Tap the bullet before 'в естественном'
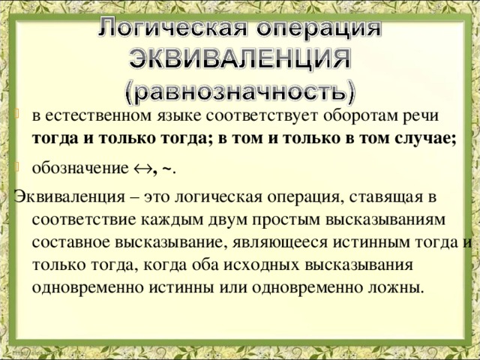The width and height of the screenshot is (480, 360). point(19,115)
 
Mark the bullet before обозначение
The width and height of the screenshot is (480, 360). point(19,167)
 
